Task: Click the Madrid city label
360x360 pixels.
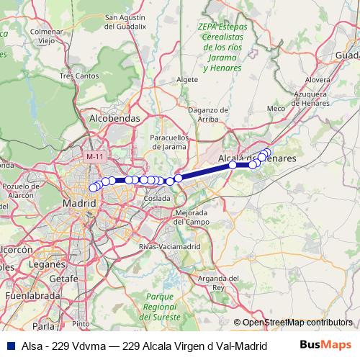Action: (80, 204)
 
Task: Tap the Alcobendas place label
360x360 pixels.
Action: (113, 117)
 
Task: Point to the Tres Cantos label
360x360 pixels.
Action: (79, 76)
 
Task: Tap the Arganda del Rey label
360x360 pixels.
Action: (217, 282)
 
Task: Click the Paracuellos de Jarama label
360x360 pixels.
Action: (168, 141)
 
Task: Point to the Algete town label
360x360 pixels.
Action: (186, 79)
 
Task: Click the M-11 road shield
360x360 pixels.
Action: (94, 156)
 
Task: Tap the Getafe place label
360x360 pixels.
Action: (64, 279)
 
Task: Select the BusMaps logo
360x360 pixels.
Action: (325, 345)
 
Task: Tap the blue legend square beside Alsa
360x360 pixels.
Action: (9, 345)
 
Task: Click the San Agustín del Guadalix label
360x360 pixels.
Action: (130, 22)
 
